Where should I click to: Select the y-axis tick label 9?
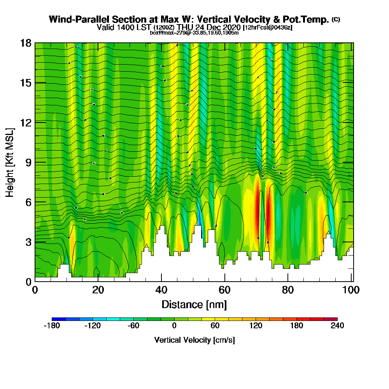pos(28,162)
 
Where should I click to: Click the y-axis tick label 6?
pos(28,202)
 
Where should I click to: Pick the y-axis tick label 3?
pos(28,242)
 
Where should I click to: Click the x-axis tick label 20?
pos(98,290)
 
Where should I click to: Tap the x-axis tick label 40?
pos(161,290)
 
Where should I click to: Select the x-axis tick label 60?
pos(224,290)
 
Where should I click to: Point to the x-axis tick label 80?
pos(287,290)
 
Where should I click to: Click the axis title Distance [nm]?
pos(194,304)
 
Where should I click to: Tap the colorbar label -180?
pos(52,326)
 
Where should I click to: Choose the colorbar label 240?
pos(337,326)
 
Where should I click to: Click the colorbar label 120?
pos(256,326)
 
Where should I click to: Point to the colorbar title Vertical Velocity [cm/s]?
pos(194,340)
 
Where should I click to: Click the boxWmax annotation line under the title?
pos(194,33)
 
